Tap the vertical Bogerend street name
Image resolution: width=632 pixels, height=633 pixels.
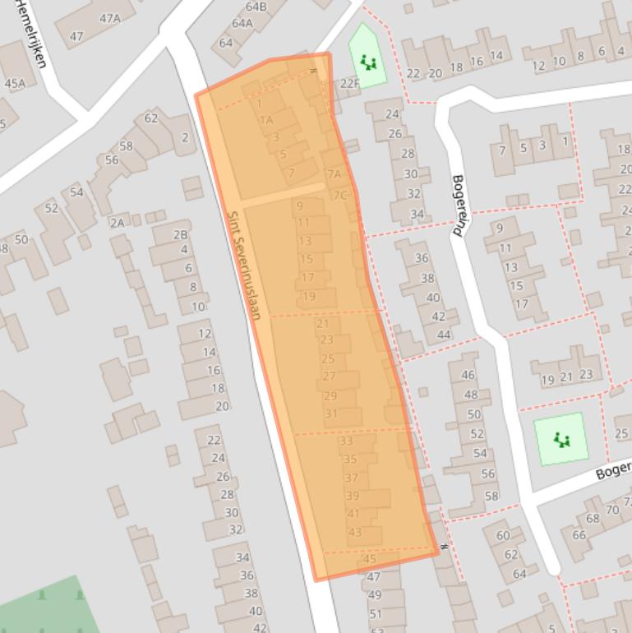point(459,206)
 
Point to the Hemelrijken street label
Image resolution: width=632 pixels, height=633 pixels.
point(30,33)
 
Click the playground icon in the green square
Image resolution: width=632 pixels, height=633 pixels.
point(562,440)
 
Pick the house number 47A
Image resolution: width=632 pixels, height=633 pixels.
point(109,18)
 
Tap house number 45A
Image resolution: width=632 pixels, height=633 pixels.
point(15,83)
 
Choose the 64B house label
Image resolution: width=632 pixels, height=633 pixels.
point(256,7)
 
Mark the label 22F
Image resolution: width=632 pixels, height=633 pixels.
point(349,83)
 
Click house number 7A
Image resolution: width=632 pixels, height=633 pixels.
point(334,174)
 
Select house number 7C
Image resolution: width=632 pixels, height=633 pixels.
point(339,195)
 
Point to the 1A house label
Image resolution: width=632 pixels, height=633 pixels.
point(266,120)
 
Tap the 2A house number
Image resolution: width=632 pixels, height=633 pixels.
point(117,222)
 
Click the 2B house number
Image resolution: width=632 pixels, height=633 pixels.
point(180,234)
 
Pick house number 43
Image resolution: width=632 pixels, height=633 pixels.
point(355,532)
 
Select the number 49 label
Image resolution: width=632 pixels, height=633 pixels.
point(374,595)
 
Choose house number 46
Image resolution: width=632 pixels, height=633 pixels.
point(468,375)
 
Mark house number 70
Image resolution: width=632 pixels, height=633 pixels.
point(611,510)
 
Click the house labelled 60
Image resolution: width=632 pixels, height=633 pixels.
point(502,536)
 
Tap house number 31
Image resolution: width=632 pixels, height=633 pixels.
point(331,414)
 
